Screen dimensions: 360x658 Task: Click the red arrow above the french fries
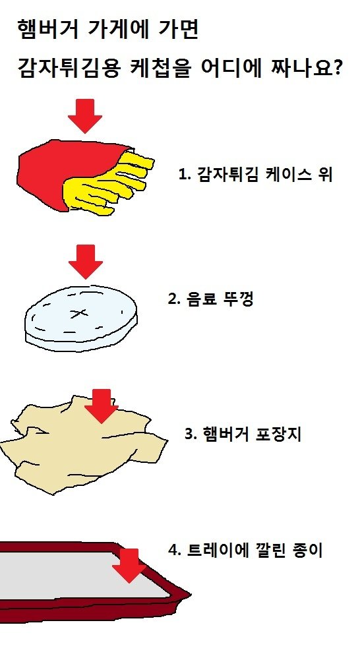click(85, 116)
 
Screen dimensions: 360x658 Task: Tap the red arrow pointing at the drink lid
click(86, 262)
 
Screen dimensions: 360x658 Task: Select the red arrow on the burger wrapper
click(101, 406)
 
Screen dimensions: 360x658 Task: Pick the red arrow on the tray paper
click(129, 566)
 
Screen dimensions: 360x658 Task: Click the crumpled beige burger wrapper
click(84, 445)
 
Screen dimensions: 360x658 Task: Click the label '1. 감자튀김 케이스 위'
click(256, 174)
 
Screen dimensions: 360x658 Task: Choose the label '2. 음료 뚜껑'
click(210, 299)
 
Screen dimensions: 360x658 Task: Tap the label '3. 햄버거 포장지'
click(243, 434)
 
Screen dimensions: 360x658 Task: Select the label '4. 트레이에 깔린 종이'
click(245, 551)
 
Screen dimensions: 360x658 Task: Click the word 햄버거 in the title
click(48, 30)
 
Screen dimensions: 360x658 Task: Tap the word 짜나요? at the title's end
click(307, 69)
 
